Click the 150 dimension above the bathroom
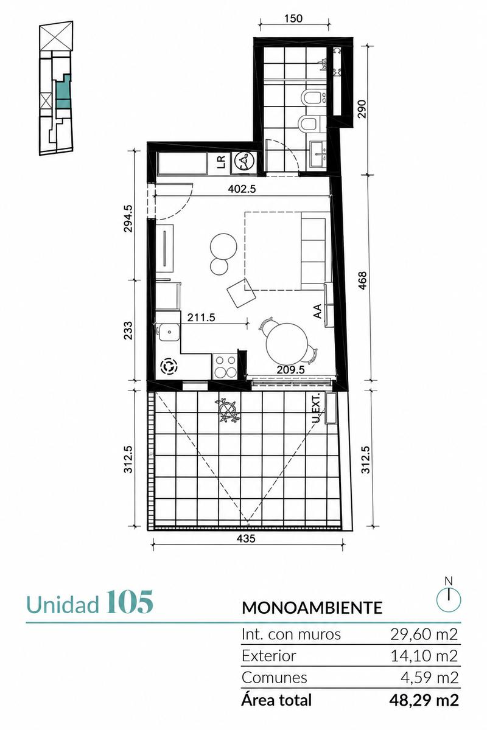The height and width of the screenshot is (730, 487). point(293,18)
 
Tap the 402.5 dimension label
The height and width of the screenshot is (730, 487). point(242,189)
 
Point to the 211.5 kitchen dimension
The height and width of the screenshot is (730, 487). point(201,318)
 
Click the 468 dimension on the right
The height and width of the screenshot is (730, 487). point(363,280)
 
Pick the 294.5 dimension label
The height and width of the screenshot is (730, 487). point(128,218)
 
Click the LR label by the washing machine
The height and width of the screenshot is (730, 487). point(221,162)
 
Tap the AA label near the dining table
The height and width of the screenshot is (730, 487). point(317,311)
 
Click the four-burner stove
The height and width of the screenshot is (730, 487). point(225,367)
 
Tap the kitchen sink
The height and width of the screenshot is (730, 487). point(168,332)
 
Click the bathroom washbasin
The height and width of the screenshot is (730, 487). point(317,154)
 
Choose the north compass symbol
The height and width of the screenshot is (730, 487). point(449,596)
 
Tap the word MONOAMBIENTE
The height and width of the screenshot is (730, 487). point(312,608)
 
